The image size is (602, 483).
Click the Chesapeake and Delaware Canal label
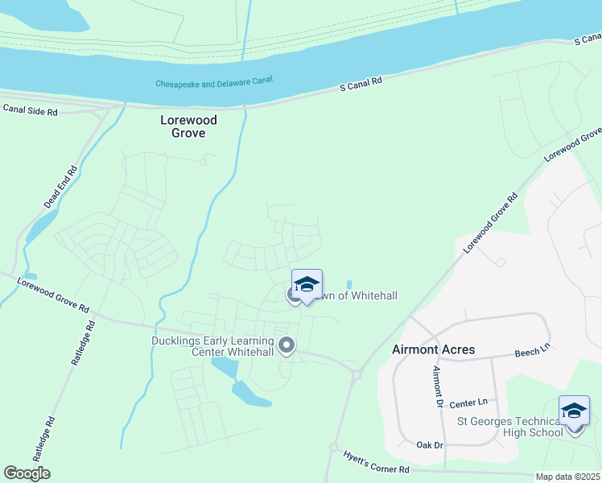214,82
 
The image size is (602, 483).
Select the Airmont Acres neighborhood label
433,349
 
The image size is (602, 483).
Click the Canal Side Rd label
30,111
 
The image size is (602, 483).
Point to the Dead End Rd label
60,187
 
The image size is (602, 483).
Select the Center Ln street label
469,402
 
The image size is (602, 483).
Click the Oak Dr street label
430,444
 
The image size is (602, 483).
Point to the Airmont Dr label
438,386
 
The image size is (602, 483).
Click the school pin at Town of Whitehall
307,285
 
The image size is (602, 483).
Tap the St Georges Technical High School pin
574,411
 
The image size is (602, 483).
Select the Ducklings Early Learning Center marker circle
286,346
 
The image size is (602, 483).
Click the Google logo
27,473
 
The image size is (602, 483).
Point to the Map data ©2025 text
567,477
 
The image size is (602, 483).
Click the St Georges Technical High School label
509,427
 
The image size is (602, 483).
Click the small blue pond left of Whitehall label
348,285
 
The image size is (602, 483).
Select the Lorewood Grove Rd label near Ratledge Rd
56,295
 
